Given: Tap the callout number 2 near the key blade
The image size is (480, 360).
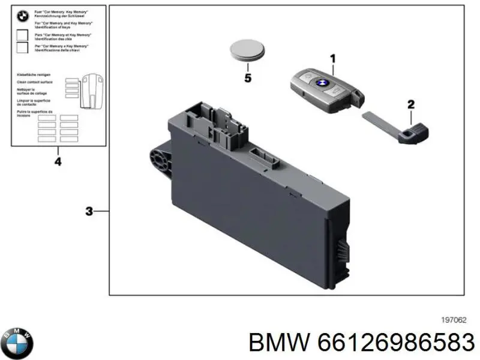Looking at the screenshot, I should click(x=411, y=104).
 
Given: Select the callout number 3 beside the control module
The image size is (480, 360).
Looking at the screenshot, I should click(x=89, y=211).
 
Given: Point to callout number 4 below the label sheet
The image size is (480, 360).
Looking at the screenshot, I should click(x=58, y=162).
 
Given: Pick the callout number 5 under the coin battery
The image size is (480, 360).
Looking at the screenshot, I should click(x=247, y=78).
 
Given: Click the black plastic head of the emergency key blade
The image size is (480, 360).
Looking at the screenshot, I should click(x=413, y=134).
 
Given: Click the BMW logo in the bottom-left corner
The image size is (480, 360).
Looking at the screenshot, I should click(x=17, y=344).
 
